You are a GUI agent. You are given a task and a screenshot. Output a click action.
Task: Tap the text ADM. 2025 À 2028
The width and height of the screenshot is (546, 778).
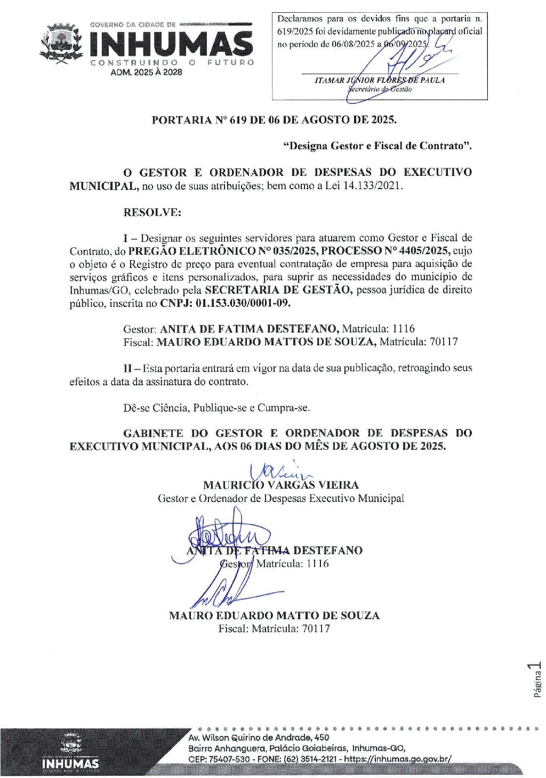pos(146,72)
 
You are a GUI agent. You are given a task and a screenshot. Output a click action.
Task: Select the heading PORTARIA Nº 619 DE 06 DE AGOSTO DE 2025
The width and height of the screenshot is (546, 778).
pos(274,120)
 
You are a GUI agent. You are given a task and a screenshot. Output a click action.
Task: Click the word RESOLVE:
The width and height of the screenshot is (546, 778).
pos(152,212)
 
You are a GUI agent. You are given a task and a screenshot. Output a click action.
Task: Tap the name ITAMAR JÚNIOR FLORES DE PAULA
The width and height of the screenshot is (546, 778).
pos(380,80)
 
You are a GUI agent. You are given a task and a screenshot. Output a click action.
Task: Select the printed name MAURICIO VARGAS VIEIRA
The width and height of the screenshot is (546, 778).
pos(281,485)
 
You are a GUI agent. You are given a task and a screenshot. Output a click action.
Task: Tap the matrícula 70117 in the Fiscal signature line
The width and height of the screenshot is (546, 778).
pos(316,629)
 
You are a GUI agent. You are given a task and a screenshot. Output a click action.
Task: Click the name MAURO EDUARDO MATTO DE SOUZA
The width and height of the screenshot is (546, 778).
pos(274,615)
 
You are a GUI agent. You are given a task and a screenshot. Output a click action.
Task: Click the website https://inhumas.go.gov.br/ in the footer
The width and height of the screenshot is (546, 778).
pos(398,759)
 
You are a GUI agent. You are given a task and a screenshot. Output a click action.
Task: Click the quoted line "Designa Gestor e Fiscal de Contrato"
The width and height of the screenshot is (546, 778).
pos(378,146)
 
